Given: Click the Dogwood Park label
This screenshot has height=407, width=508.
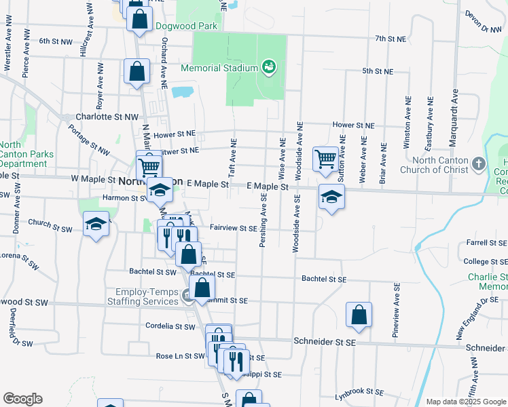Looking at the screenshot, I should pyautogui.click(x=185, y=26).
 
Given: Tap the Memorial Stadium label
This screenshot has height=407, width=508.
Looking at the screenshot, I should pyautogui.click(x=219, y=68).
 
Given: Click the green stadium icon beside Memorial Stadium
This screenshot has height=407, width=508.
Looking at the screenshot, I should pyautogui.click(x=269, y=67).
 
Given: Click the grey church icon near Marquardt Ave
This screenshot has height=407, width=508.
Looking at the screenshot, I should pyautogui.click(x=479, y=164).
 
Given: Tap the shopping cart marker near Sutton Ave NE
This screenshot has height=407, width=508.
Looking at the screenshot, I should pyautogui.click(x=325, y=159).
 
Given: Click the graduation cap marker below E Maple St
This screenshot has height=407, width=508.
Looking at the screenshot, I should pyautogui.click(x=331, y=197).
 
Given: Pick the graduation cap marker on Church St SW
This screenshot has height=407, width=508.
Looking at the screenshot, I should pyautogui.click(x=96, y=224).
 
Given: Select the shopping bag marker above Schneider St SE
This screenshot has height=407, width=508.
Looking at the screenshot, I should pyautogui.click(x=359, y=315).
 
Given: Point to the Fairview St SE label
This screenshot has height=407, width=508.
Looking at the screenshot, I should pyautogui.click(x=233, y=229).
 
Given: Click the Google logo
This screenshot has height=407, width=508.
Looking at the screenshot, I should pyautogui.click(x=22, y=399).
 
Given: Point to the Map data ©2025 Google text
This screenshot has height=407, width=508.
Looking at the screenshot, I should pyautogui.click(x=465, y=402).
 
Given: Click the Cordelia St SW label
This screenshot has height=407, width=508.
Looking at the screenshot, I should pyautogui.click(x=170, y=326).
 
